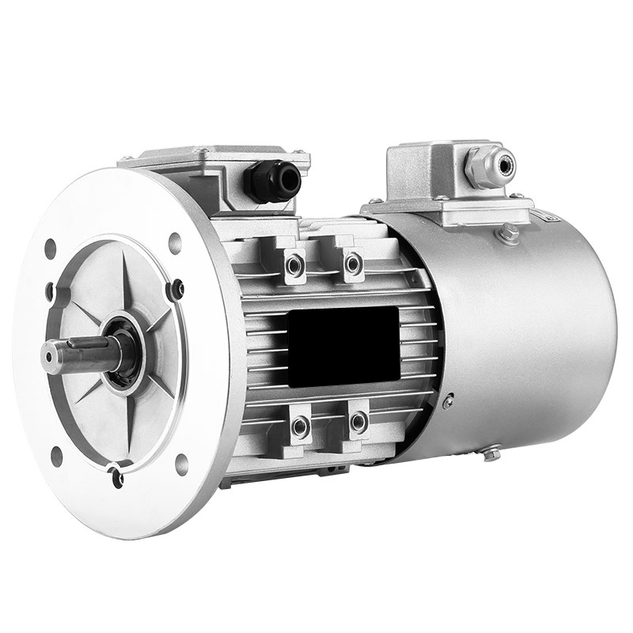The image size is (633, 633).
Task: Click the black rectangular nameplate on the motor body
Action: tap(343, 346)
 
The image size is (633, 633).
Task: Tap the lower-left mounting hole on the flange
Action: tap(56, 457)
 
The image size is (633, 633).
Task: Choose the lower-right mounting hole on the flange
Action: tap(182, 464)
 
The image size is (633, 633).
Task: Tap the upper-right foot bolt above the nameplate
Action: tap(353, 264)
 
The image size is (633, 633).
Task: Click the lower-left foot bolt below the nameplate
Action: tap(300, 427)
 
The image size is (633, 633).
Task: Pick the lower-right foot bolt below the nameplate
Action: tap(358, 422)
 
